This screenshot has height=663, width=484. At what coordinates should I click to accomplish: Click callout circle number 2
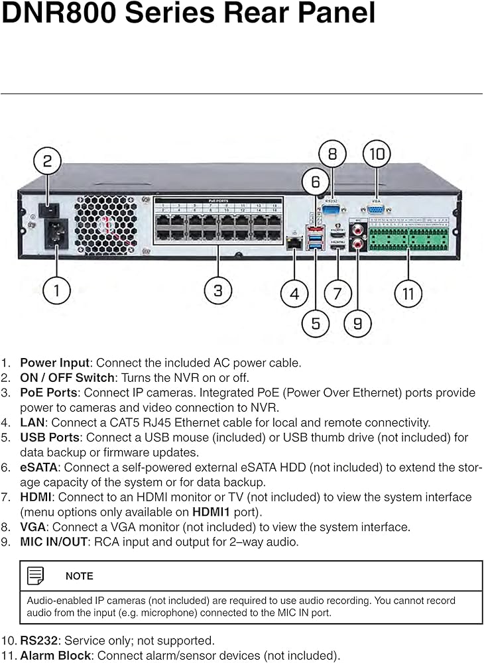[x=48, y=161]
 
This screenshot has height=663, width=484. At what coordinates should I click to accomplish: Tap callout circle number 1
[x=56, y=290]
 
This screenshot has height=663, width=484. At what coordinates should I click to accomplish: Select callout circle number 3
[x=217, y=290]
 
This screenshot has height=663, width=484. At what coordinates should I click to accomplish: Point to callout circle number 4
[x=294, y=292]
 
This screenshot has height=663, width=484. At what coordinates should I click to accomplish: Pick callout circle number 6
[x=316, y=182]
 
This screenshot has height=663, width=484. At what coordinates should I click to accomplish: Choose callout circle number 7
[x=337, y=292]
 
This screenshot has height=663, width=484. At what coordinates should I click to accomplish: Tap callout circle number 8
[x=332, y=154]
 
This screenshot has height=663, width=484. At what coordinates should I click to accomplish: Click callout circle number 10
[x=377, y=154]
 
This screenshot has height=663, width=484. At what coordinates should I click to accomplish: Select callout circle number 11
[x=408, y=292]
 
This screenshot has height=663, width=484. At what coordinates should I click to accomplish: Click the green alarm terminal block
[x=408, y=237]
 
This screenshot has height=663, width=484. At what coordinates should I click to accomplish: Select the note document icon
[x=36, y=575]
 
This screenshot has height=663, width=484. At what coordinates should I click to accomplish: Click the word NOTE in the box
[x=80, y=576]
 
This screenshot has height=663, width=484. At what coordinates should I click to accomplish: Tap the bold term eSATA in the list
[x=38, y=467]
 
